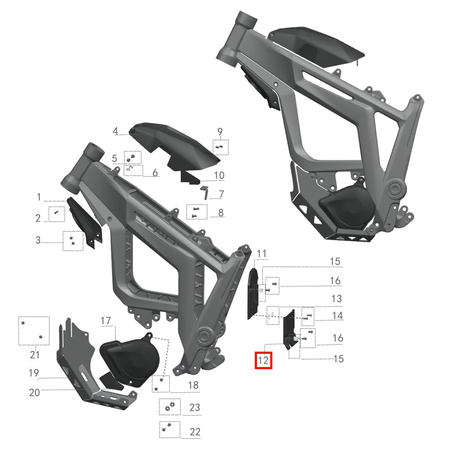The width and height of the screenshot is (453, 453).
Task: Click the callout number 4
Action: coord(115,131)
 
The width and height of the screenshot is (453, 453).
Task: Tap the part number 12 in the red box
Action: coord(263,360)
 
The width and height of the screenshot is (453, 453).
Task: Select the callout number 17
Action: coord(106,321)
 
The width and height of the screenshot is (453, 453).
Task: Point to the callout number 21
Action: coord(35,355)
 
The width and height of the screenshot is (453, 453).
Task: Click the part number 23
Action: coord(195,407)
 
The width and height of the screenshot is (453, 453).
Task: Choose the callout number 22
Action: coord(195,431)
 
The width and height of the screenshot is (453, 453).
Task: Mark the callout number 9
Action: coord(220,131)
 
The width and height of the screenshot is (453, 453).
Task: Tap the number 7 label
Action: coord(221,194)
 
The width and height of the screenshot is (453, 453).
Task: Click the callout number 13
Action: coord(336,298)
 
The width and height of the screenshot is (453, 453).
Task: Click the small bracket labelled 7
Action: coord(205,191)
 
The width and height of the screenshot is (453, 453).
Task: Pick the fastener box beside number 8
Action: coord(195,212)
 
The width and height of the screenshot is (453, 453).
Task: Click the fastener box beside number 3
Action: coord(73,241)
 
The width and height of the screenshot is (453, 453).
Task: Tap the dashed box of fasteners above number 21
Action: coord(34,330)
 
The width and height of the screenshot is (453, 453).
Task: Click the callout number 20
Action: coord(35,392)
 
